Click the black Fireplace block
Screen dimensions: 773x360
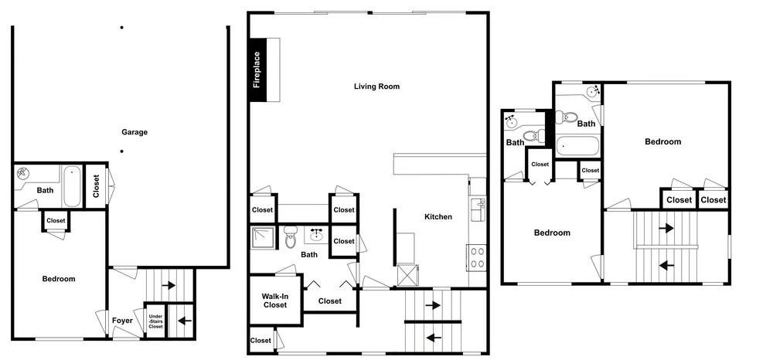click(257, 70)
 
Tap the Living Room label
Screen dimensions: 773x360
click(376, 87)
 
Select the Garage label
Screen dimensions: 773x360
click(135, 132)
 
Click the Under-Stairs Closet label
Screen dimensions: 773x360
click(155, 319)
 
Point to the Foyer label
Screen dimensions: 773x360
click(122, 321)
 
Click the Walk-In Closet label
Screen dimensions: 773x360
click(274, 301)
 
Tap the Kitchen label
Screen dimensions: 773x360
click(438, 216)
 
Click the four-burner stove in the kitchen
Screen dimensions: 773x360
click(476, 257)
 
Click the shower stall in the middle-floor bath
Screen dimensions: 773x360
click(264, 237)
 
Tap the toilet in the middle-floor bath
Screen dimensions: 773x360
click(290, 237)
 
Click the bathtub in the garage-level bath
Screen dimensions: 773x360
click(71, 186)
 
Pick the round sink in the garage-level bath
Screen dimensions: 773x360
click(22, 173)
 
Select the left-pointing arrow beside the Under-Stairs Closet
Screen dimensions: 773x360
click(185, 321)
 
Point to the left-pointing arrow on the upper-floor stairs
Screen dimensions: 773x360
click(667, 266)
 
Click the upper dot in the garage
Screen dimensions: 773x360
click(122, 28)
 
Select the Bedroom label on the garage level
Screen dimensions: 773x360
click(59, 279)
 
